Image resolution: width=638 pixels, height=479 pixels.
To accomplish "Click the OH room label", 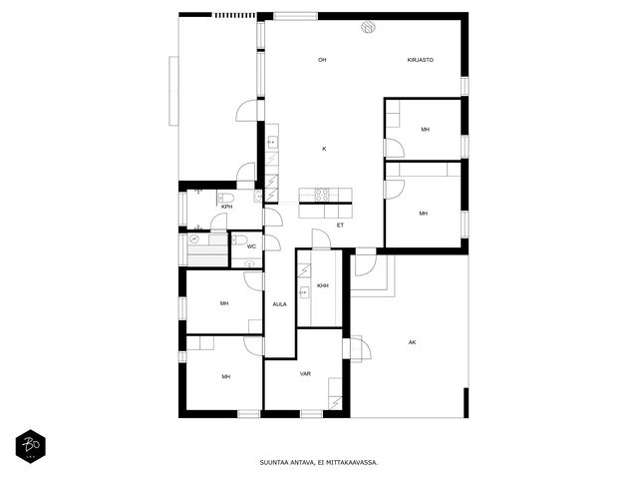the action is point(322,60).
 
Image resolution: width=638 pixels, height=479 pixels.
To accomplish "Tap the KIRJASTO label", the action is point(421,60).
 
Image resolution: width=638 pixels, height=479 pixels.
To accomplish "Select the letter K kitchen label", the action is point(324,149).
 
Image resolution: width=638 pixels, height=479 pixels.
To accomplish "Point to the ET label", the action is point(340,225).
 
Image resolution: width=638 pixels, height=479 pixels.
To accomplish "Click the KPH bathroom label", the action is point(226,207).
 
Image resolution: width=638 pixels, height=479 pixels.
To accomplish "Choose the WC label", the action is point(251,246).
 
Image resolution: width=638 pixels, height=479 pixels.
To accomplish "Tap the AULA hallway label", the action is point(279,304).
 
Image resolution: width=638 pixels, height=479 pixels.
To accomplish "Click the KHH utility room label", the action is point(323,286).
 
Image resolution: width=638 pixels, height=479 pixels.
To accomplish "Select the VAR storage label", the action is point(305,373).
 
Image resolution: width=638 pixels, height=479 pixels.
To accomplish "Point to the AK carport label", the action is point(412,342).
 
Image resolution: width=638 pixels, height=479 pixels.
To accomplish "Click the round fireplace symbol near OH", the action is point(368,27).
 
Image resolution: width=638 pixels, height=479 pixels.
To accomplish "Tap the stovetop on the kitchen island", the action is point(322,196).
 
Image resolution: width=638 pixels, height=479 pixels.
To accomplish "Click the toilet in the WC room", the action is point(240,239).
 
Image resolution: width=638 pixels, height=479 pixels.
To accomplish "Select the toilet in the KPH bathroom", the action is point(226,199).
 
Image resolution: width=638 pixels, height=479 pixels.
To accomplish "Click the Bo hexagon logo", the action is point(31,446).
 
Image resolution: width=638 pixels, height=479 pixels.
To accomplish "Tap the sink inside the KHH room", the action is point(304,292).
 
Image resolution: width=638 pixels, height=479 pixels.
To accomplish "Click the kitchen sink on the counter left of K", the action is point(272,142).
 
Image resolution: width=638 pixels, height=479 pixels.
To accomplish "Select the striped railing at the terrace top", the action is point(235,16).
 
